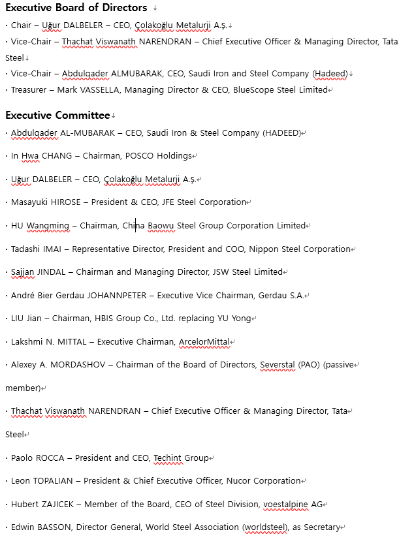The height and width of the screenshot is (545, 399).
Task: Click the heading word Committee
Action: coord(82,116)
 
